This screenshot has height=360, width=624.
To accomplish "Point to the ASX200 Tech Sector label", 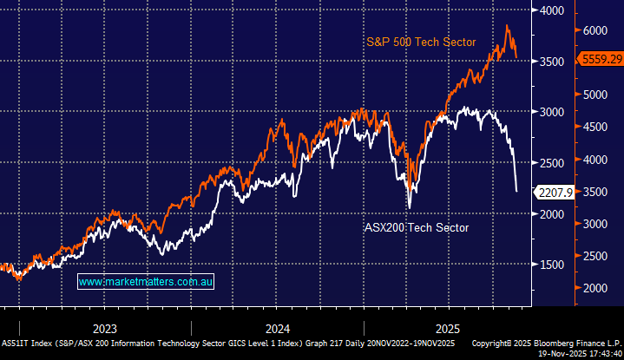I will click(x=416, y=227).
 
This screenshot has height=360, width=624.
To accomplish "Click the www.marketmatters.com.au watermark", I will click(x=146, y=282).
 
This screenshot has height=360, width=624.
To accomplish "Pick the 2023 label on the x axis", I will click(x=105, y=329).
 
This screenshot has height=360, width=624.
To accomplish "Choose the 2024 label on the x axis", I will click(x=278, y=329).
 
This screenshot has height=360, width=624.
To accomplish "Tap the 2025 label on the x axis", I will click(x=450, y=329).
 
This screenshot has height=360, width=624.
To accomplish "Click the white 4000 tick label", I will click(x=551, y=10).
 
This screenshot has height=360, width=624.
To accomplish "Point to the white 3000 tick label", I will click(x=551, y=112).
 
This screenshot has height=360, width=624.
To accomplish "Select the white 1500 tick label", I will click(x=551, y=265).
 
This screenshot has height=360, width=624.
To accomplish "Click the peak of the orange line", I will click(x=507, y=26).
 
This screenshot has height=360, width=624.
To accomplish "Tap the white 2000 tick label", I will click(x=551, y=213).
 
